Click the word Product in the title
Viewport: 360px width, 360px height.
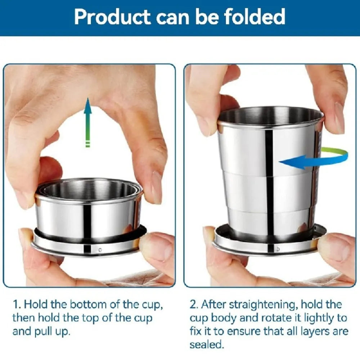(x=112, y=17)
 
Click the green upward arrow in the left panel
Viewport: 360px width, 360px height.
(x=87, y=122)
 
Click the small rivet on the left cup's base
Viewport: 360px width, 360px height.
(x=100, y=249)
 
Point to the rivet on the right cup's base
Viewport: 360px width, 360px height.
(x=278, y=249)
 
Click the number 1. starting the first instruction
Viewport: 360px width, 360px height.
(x=17, y=305)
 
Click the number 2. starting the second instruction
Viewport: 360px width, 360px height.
(x=194, y=305)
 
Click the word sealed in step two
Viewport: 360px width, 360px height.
(x=206, y=345)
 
